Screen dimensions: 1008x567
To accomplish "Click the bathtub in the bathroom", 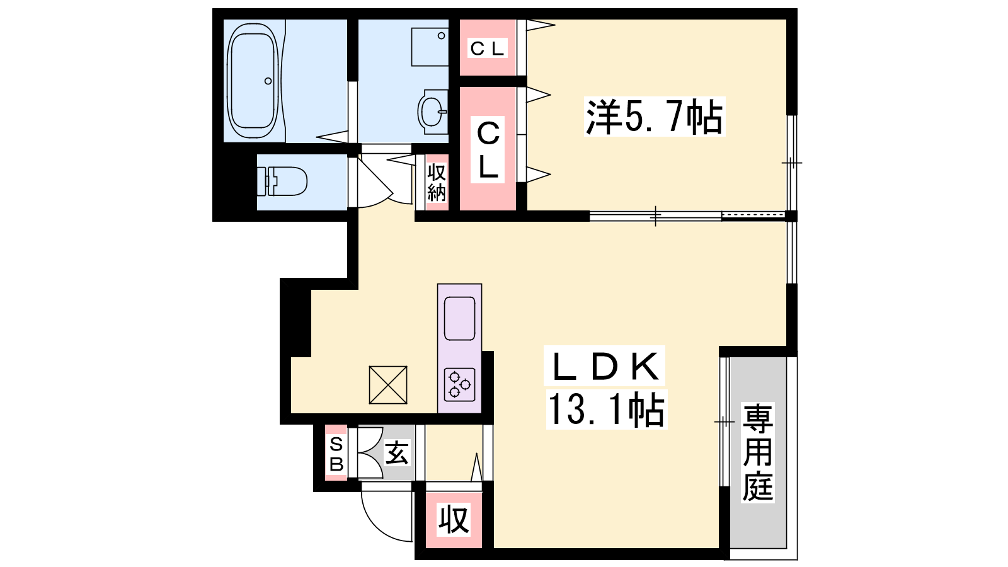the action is point(252,81).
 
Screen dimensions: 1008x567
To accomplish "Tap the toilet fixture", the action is point(282,181).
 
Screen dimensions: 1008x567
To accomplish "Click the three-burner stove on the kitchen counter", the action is point(459,384).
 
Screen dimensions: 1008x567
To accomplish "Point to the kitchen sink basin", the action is point(459,319).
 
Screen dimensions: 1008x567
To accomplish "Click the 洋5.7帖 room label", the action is point(654,117).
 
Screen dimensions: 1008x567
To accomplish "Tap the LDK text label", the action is point(604,366).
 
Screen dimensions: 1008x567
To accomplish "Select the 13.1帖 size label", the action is point(606,409).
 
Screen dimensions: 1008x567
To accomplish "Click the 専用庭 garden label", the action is point(758,452).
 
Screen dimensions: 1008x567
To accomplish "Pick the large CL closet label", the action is point(488,150).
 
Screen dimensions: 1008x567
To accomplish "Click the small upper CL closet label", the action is point(488,48).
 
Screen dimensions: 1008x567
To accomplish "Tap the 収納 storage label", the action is point(437,183).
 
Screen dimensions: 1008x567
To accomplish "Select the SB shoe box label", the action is point(336,454).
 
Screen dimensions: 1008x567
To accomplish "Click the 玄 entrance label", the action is point(397,453).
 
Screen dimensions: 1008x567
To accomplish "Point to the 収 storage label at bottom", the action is point(454,520).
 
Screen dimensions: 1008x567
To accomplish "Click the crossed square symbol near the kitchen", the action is point(388,385).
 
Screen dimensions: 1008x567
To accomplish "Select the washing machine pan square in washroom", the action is point(430,47).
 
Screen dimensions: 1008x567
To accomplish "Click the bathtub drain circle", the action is point(268,81).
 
